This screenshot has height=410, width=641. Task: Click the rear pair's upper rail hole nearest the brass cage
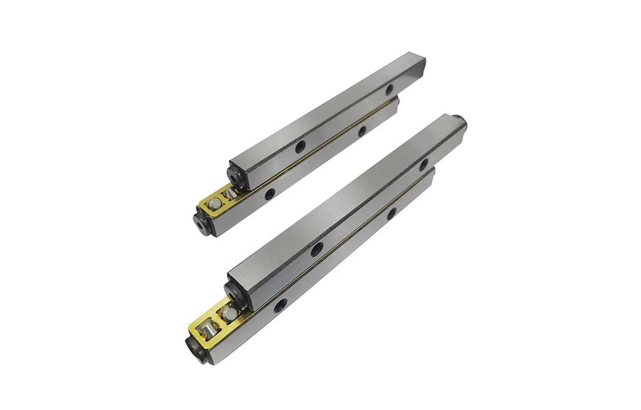coord(300,146)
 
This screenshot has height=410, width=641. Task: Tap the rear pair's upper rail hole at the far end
coord(389,90)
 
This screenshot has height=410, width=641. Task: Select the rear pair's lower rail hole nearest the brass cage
coord(270,195)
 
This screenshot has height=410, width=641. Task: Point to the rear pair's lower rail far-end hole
coord(362,131)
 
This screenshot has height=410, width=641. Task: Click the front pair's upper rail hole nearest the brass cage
coord(317,249)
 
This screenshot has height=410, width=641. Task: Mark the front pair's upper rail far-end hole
coord(424,165)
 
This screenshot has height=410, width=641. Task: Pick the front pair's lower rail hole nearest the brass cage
coord(280,305)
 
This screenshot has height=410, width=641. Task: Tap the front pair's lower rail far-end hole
coord(392,213)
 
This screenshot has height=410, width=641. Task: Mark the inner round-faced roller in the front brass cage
coord(230,313)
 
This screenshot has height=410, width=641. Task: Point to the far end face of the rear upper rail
coord(420,67)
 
